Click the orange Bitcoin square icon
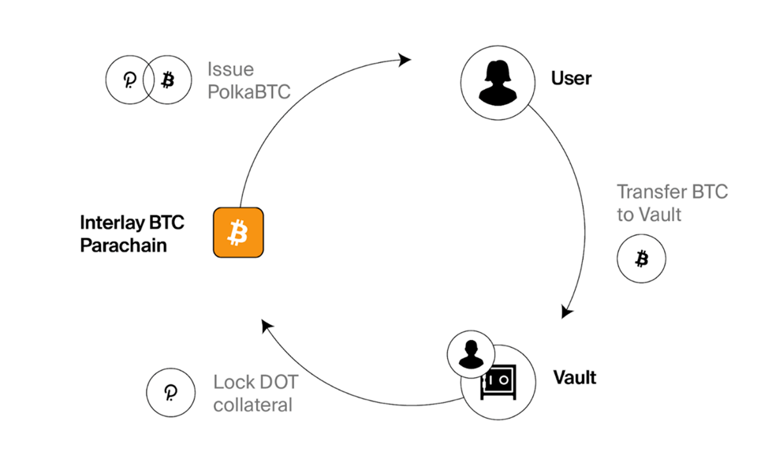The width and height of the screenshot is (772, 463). tap(238, 233)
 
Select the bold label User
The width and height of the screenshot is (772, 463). tap(571, 79)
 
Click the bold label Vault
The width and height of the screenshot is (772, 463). tap(575, 377)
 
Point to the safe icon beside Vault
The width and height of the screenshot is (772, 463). tap(499, 383)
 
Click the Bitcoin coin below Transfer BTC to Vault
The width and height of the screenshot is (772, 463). tap(641, 259)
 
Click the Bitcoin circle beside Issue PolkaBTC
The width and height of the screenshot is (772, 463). tap(167, 80)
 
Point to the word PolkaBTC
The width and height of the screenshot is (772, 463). tap(249, 91)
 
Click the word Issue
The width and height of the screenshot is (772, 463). tap(230, 69)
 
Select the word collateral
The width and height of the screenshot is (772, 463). tap(253, 405)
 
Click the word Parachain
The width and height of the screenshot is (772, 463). tap(124, 245)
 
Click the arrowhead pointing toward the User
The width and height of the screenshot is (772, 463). tap(405, 60)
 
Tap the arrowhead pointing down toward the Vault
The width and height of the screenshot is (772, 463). tap(566, 312)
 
